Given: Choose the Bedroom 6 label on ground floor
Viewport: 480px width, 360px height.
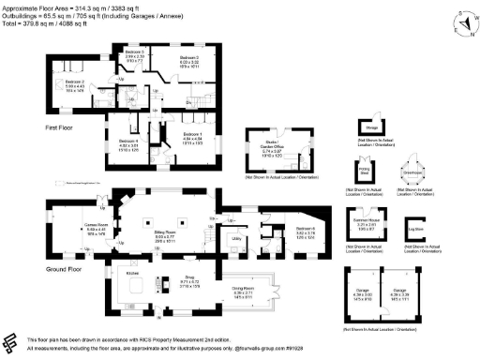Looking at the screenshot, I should (x=306, y=228).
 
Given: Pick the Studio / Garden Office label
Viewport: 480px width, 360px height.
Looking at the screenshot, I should (x=272, y=145).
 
